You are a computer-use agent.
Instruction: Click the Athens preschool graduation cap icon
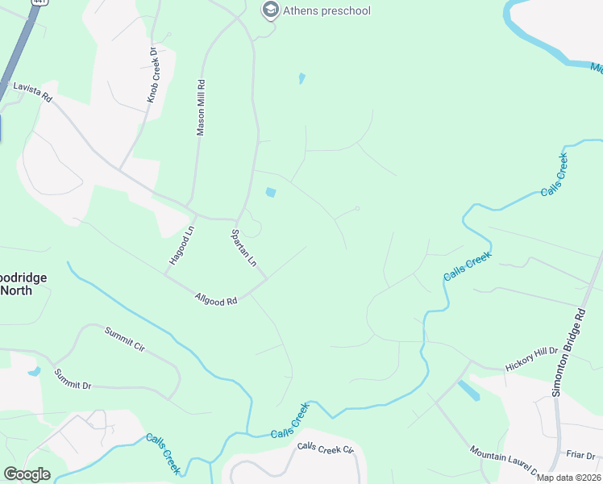[x=270, y=10]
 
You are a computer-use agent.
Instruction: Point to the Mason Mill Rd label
[x=201, y=107]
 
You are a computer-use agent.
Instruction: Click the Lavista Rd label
[x=31, y=92]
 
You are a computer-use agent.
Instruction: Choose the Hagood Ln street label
[x=181, y=244]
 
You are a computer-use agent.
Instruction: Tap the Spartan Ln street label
[x=244, y=248]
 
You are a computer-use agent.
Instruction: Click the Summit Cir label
[x=124, y=340]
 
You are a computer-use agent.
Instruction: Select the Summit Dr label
[x=73, y=379]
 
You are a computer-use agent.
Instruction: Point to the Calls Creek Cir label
[x=326, y=449]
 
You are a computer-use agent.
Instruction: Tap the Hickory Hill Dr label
[x=531, y=360]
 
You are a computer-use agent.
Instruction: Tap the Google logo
[x=27, y=474]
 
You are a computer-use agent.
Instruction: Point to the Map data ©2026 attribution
[x=568, y=478]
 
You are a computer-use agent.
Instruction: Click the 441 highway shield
[x=36, y=2]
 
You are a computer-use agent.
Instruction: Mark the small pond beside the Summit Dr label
[x=34, y=372]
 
